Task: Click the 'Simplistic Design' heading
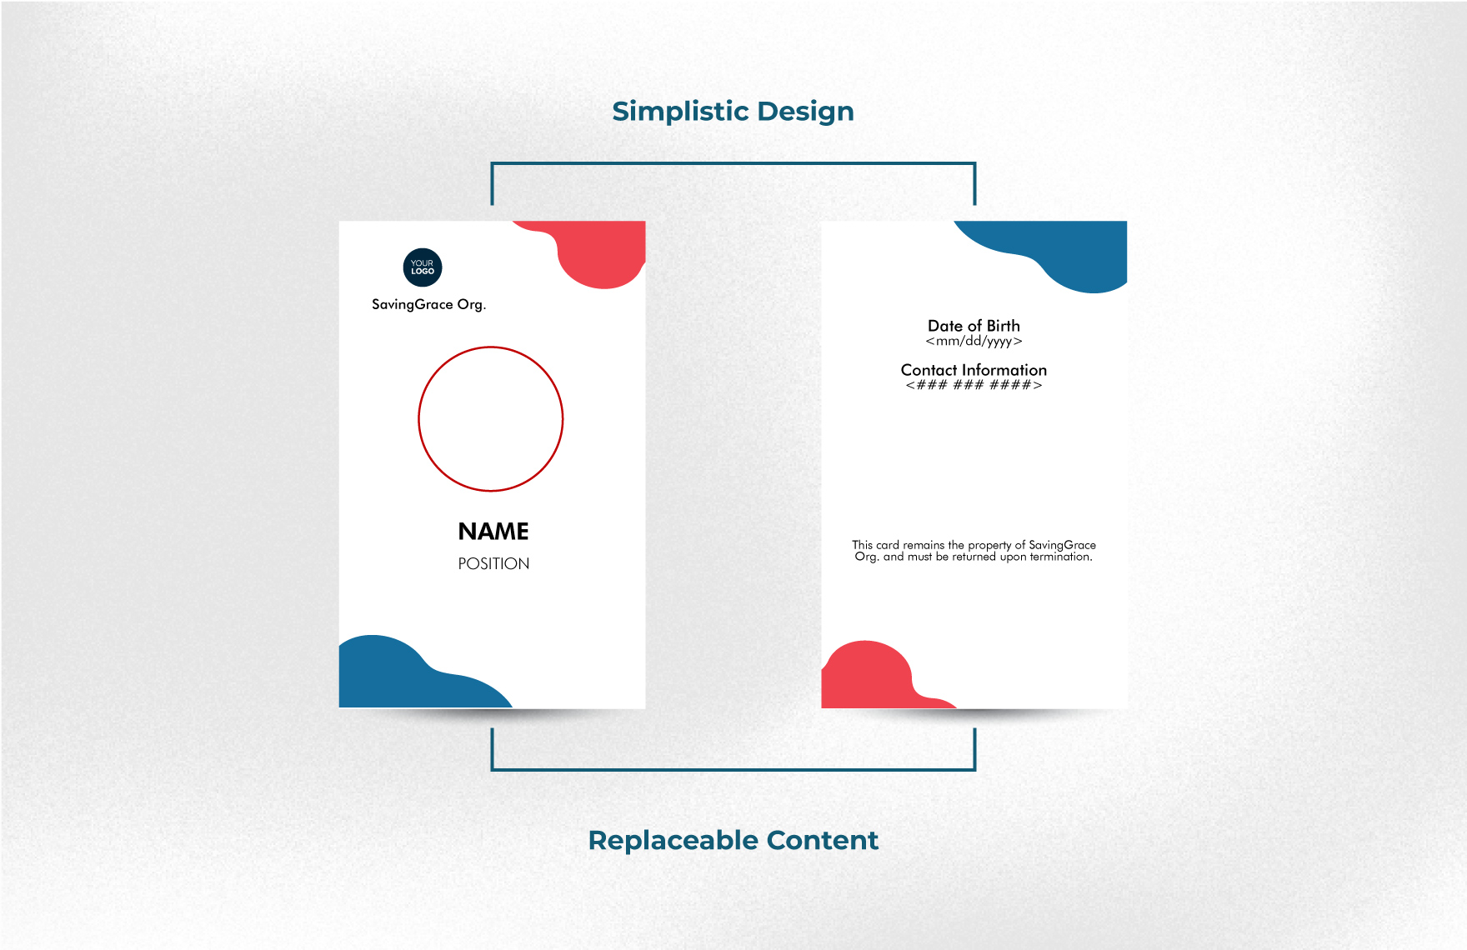733,112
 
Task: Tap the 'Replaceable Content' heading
733,840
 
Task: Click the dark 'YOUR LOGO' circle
423,267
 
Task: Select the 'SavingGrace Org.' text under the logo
428,305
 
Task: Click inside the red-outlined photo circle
491,419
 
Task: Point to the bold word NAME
493,532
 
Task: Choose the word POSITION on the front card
493,564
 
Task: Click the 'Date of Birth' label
974,326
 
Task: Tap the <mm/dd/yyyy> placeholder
974,341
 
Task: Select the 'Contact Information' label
974,370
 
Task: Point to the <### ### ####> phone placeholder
974,385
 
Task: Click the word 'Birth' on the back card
1004,326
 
